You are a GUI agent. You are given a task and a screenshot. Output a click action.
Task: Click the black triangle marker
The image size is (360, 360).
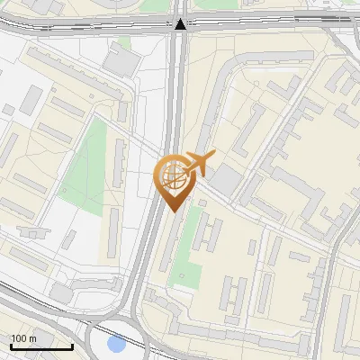(x=182, y=24)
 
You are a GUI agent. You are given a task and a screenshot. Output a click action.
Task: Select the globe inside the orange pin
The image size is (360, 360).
(x=172, y=174)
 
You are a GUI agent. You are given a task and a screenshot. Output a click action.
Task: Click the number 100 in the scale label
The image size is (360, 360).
(x=19, y=338)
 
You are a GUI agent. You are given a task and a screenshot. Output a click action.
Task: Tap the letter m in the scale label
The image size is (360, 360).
(x=33, y=338)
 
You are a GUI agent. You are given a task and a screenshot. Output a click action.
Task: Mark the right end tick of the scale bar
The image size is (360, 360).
(x=72, y=345)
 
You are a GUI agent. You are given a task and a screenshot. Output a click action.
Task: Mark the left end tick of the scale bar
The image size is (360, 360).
(x=10, y=345)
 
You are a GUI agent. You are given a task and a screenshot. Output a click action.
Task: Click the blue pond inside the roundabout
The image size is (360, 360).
(x=115, y=343)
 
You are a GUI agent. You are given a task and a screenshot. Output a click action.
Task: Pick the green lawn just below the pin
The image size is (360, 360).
(x=184, y=256)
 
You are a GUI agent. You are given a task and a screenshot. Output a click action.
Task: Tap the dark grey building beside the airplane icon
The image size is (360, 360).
(x=225, y=181)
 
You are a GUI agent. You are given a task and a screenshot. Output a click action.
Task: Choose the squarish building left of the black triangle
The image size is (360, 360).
(x=119, y=60)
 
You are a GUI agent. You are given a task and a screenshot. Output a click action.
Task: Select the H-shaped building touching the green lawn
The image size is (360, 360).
(x=210, y=232)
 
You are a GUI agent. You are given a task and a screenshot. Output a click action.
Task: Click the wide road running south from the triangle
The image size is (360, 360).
(x=180, y=99)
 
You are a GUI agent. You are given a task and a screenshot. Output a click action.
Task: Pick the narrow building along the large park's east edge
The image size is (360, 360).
(x=118, y=162)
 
